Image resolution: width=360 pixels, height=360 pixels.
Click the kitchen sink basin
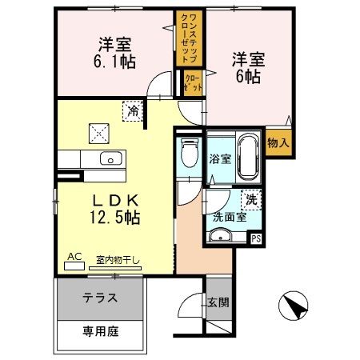111,157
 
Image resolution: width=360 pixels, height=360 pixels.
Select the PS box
256,238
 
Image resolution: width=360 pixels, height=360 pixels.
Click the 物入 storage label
276,142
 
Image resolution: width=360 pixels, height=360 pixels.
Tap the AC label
75,256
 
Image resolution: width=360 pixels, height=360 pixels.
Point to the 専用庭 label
101,330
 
